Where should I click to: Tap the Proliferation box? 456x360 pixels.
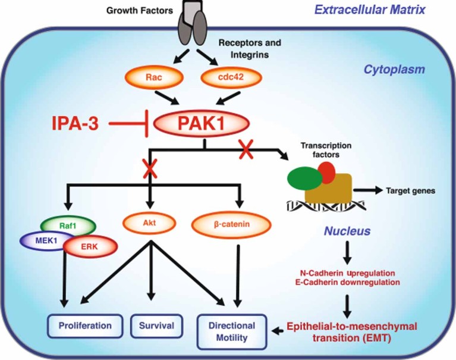[x=85, y=325]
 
